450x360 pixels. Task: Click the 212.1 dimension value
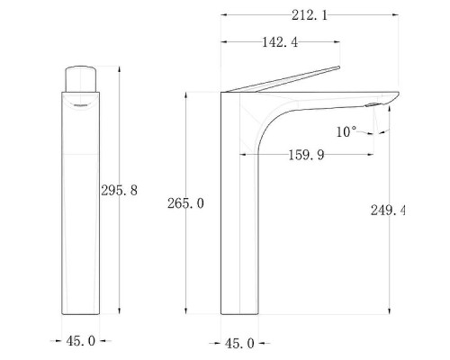(x=310, y=15)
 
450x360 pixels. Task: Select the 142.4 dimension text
(x=280, y=42)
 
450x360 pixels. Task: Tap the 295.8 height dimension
(x=119, y=190)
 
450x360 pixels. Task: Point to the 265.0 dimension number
(x=185, y=203)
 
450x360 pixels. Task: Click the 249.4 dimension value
(x=388, y=210)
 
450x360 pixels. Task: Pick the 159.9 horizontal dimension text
(x=306, y=155)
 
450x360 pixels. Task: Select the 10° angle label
(x=346, y=131)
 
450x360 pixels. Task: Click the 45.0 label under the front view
(x=81, y=341)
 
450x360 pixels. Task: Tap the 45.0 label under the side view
(x=239, y=343)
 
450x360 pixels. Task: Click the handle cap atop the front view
(x=81, y=78)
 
